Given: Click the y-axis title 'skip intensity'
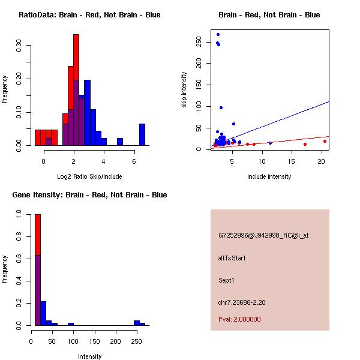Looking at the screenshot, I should coord(184,90).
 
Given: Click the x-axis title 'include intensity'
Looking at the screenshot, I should coord(269,176).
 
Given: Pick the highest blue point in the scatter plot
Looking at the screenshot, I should coord(218,34).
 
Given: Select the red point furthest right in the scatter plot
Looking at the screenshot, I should coord(325,142).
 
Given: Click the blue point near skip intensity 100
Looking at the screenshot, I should coord(221,107).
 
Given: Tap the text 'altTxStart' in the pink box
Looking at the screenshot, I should coord(232,258).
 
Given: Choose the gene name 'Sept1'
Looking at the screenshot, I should coord(226,280).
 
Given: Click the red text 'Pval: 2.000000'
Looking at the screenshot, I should coord(239,319).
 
